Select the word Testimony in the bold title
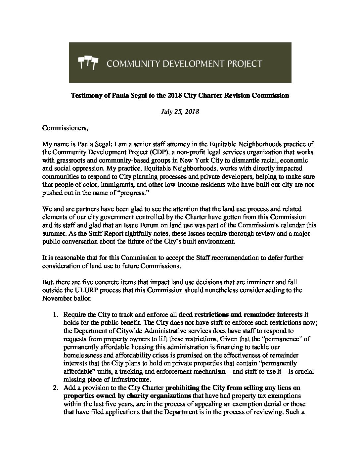85,96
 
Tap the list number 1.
56,314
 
